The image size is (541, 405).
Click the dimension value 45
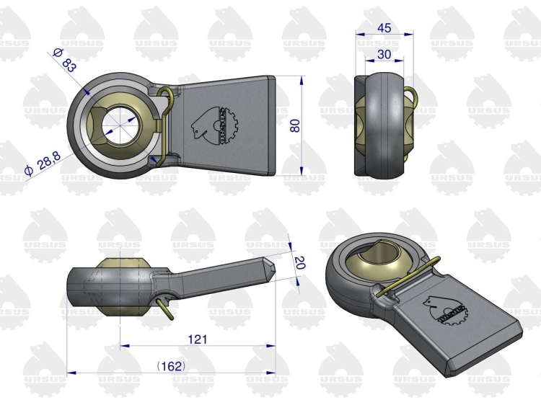coord(384,28)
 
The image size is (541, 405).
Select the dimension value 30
coord(384,55)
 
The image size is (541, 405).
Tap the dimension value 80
coord(295,125)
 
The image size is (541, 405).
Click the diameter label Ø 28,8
coord(43,164)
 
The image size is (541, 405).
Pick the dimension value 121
coord(198,339)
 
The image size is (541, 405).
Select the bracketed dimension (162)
coord(171,366)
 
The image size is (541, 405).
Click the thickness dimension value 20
coord(299,262)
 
